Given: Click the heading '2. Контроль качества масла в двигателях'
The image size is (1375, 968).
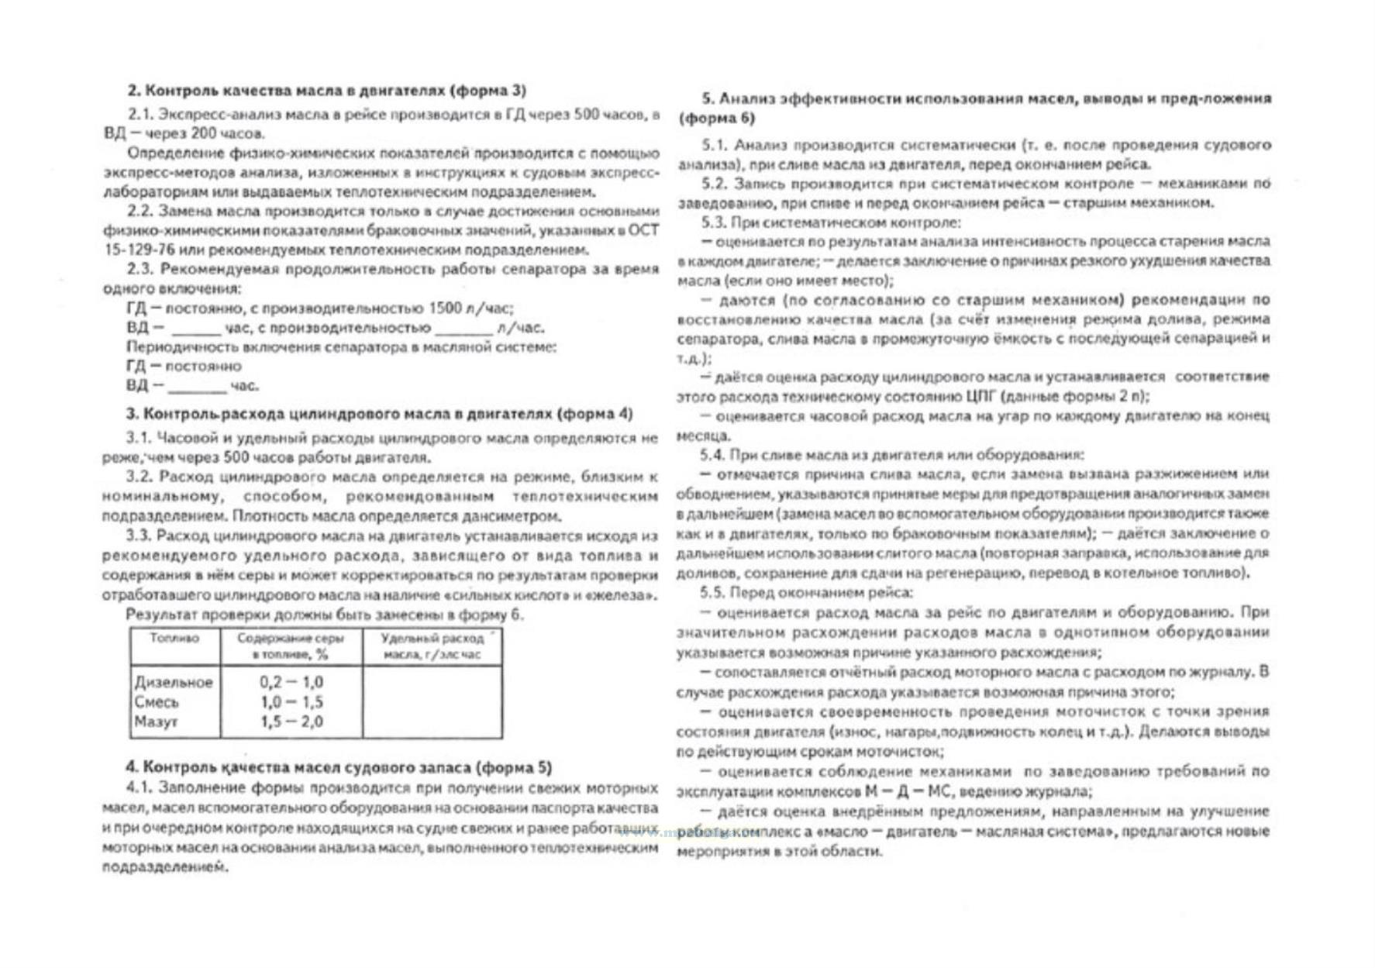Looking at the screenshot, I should [326, 91].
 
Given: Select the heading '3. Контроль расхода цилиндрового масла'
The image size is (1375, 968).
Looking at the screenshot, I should [379, 414].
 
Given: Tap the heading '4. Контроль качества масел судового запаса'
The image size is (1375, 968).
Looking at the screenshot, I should [339, 767].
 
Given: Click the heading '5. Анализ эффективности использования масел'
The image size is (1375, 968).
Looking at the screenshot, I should [974, 108].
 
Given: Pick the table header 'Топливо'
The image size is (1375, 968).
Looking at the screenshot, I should [174, 639].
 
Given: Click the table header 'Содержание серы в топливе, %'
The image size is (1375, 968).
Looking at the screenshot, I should [291, 646].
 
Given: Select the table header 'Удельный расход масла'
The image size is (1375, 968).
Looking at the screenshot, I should [432, 646].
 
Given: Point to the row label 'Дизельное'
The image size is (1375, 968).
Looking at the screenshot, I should [174, 683].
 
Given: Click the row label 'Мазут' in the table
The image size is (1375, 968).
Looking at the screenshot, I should [156, 722].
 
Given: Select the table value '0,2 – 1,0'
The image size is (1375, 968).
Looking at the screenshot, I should [291, 683].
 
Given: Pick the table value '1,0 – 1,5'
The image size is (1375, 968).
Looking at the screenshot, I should [291, 702].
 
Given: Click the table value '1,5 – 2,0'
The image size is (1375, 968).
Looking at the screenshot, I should [291, 722].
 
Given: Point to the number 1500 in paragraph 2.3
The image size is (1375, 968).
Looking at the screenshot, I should [445, 308].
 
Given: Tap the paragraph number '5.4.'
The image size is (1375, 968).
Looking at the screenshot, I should [712, 455].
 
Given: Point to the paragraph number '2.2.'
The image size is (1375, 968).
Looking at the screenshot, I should [140, 211].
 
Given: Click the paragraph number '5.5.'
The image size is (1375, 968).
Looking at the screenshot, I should [712, 593].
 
